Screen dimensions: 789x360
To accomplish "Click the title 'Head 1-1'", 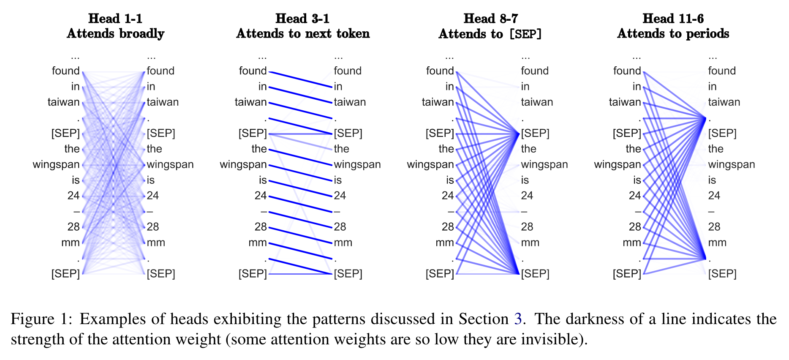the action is (x=115, y=19).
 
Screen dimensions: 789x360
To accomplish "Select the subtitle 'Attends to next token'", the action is (x=303, y=34).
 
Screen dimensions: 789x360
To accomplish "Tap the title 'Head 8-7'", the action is (x=490, y=19).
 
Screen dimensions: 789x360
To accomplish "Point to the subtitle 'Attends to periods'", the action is (x=673, y=34).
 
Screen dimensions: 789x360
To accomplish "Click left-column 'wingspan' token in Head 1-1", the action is (x=56, y=165).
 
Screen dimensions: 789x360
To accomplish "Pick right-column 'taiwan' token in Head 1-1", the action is (x=163, y=102).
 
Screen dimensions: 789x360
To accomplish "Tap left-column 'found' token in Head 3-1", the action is (x=253, y=71).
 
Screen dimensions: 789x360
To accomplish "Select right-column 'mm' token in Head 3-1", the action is (x=343, y=243).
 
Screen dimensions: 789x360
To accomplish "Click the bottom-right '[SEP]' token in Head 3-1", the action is (x=348, y=274).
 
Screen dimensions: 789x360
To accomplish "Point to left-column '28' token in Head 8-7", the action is (x=448, y=227).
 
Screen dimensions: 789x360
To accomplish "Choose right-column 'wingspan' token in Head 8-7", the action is (x=544, y=165).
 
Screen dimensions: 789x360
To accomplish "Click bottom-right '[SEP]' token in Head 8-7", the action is (x=535, y=274).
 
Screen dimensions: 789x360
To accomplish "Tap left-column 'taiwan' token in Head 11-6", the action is (x=625, y=102).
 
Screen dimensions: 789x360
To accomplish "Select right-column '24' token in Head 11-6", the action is (x=714, y=196).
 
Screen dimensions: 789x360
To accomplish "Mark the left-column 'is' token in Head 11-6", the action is (x=637, y=180).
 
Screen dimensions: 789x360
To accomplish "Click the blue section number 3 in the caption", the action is (x=518, y=319).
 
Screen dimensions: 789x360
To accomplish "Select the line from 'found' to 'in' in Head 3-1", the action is (x=301, y=79).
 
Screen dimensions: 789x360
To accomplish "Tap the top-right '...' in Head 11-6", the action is (x=713, y=57).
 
